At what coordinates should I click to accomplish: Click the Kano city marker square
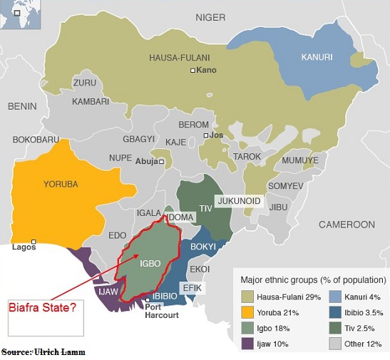click(x=193, y=70)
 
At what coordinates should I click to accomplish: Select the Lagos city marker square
click(x=34, y=242)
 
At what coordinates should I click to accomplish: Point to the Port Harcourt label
click(x=163, y=312)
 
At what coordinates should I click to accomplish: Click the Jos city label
click(x=217, y=135)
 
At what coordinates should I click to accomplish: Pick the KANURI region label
click(x=317, y=56)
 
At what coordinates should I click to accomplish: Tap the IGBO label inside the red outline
click(x=150, y=263)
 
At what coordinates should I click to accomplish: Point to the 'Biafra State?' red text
click(x=41, y=308)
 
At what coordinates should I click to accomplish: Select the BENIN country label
click(x=22, y=106)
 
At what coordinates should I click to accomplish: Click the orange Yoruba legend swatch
click(x=247, y=312)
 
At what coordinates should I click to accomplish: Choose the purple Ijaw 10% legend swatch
click(x=247, y=343)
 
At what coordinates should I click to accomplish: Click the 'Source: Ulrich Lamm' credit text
click(x=43, y=352)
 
